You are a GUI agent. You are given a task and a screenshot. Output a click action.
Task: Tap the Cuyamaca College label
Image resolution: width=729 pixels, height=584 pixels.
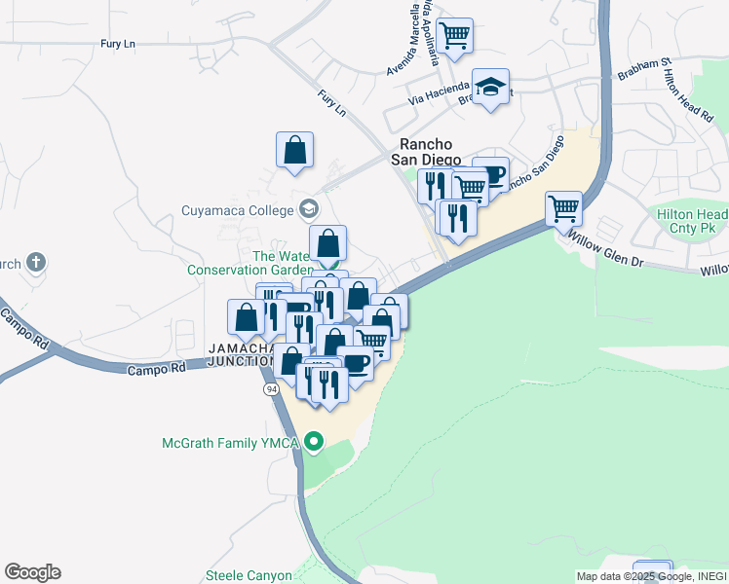[237, 208]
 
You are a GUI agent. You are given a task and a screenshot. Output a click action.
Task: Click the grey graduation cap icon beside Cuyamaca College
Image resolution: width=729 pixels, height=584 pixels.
[309, 208]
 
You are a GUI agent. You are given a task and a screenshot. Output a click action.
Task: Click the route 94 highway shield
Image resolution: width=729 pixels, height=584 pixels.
[269, 388]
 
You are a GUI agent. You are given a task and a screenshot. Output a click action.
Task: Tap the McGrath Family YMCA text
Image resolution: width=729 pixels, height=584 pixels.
[231, 444]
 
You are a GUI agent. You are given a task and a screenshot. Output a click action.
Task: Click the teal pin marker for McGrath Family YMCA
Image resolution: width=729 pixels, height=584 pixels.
[314, 444]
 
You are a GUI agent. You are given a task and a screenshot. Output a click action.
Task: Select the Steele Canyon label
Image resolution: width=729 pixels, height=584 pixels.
[249, 575]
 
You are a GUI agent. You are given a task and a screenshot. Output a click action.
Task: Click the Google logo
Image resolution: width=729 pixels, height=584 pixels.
[32, 572]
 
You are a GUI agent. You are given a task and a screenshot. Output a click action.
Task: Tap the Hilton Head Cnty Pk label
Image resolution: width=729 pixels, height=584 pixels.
[693, 221]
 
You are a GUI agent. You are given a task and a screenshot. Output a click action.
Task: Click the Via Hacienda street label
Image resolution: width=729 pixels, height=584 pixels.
[440, 94]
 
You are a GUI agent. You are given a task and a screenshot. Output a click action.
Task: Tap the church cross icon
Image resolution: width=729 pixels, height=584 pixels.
[36, 262]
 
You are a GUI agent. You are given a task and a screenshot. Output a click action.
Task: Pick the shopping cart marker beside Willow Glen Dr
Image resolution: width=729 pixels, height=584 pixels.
[563, 207]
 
